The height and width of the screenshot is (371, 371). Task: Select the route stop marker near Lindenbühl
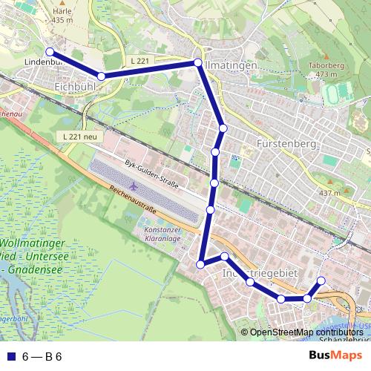pos(50,52)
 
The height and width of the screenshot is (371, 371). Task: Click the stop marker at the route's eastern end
pos(321,280)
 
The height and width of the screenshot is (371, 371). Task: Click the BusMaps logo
pos(335,355)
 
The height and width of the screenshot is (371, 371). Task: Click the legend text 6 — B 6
pos(42,356)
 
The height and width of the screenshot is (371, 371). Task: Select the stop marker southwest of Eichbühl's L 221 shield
pos(101,76)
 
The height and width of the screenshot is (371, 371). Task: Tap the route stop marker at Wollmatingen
pos(198,63)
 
